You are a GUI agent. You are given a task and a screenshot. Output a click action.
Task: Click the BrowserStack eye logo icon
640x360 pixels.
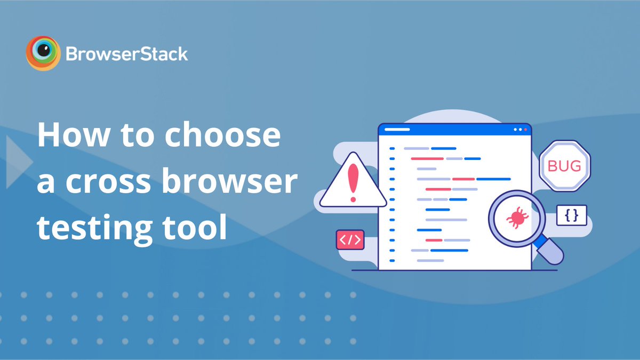point(43,53)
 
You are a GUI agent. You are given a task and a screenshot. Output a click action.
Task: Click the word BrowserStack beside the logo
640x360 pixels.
point(127,54)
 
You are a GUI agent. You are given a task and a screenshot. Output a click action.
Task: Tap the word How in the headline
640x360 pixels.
point(74,134)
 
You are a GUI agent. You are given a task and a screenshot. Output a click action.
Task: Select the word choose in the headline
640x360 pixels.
point(222,134)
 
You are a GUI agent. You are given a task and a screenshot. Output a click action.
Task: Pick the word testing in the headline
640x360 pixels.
point(95,229)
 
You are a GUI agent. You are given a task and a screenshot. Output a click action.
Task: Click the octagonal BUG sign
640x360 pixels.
point(565,166)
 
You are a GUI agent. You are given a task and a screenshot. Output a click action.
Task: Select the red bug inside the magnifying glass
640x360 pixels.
point(517,218)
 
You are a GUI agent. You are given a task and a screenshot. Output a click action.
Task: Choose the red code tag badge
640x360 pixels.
point(350,239)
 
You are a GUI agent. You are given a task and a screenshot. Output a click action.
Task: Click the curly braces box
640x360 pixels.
point(572,215)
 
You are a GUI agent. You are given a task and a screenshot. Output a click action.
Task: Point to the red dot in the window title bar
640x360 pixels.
point(525,130)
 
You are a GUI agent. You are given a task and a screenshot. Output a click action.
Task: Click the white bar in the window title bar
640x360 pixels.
point(397,130)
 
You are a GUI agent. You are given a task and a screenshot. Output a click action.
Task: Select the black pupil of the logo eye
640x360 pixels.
point(44,51)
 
